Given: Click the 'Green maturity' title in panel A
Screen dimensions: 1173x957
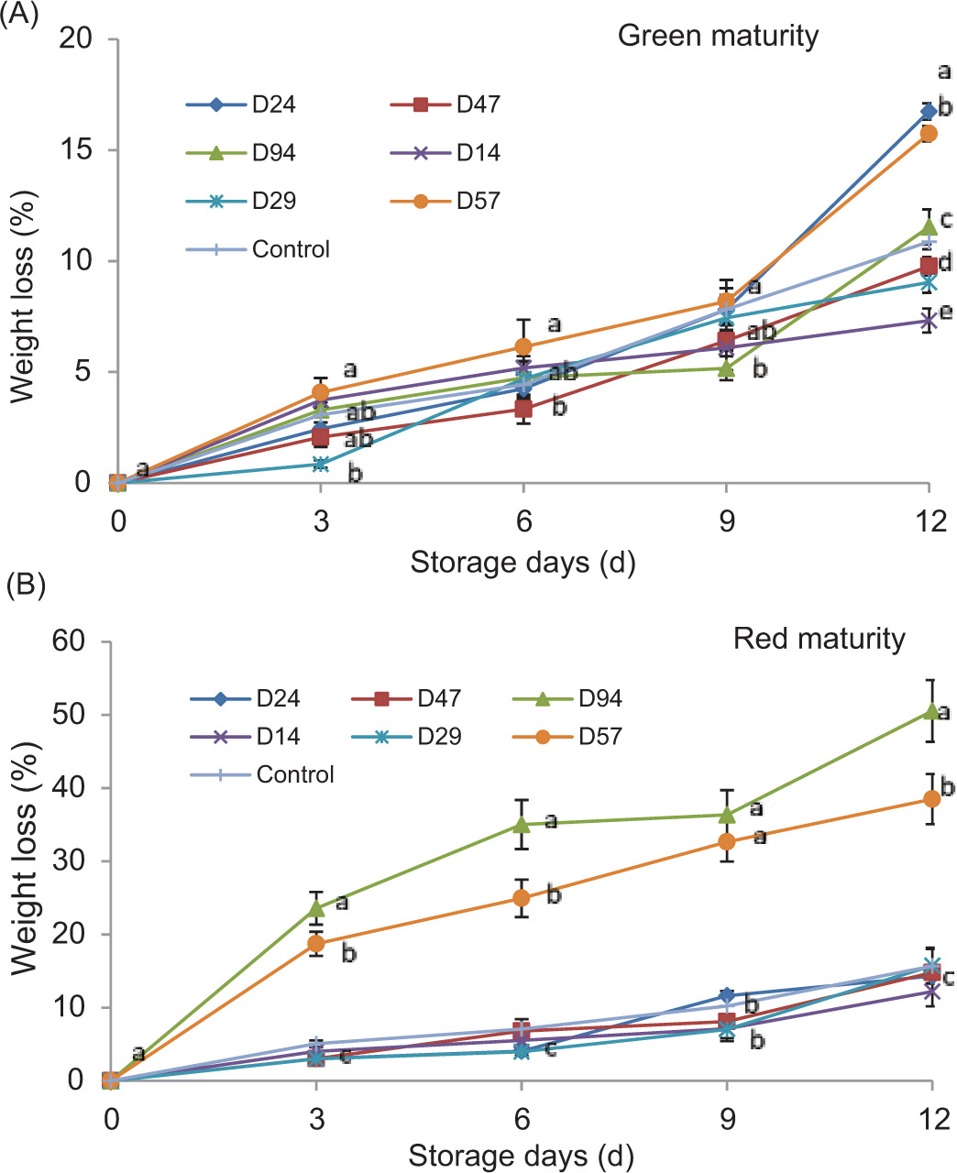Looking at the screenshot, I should (718, 37).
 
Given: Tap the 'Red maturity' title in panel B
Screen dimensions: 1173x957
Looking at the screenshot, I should (819, 638).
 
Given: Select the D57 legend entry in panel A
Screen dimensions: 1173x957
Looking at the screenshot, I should (456, 201).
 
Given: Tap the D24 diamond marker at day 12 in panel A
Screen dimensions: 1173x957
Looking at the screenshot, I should (929, 112).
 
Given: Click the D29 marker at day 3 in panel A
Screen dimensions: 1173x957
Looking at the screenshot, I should (321, 465).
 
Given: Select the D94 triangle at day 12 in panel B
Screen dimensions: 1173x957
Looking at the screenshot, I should (931, 710).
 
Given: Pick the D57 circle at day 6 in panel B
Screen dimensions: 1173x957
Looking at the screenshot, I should (521, 898).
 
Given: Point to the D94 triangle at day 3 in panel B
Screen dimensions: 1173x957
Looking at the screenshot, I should (316, 908).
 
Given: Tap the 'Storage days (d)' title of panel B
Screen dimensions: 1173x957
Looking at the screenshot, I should (521, 1156).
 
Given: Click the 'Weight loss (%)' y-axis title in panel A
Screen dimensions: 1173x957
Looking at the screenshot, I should (24, 297).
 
